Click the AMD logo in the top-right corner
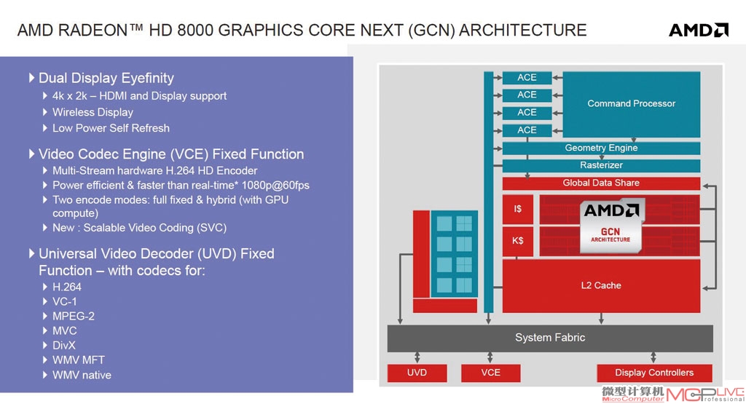pyautogui.click(x=699, y=30)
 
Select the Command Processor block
pyautogui.click(x=632, y=104)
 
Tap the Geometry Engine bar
pyautogui.click(x=601, y=148)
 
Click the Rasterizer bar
pyautogui.click(x=601, y=165)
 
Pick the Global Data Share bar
pyautogui.click(x=601, y=183)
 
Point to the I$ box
pyautogui.click(x=518, y=209)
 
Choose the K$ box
pyautogui.click(x=518, y=241)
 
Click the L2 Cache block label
pyautogui.click(x=601, y=285)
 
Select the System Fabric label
pyautogui.click(x=550, y=338)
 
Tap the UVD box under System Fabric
pyautogui.click(x=417, y=373)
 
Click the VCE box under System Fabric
pyautogui.click(x=490, y=373)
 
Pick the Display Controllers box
pyautogui.click(x=654, y=373)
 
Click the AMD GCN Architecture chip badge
pyautogui.click(x=611, y=225)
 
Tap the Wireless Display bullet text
pyautogui.click(x=93, y=113)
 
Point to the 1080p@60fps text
pyautogui.click(x=275, y=186)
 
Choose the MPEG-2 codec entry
pyautogui.click(x=74, y=317)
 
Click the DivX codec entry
pyautogui.click(x=64, y=346)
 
